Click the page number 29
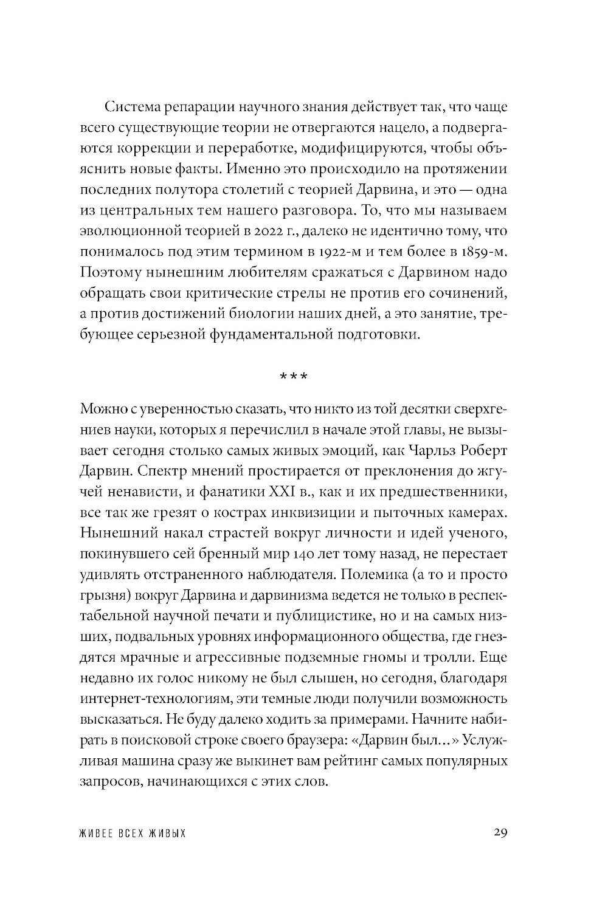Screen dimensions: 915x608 [x=500, y=832]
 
